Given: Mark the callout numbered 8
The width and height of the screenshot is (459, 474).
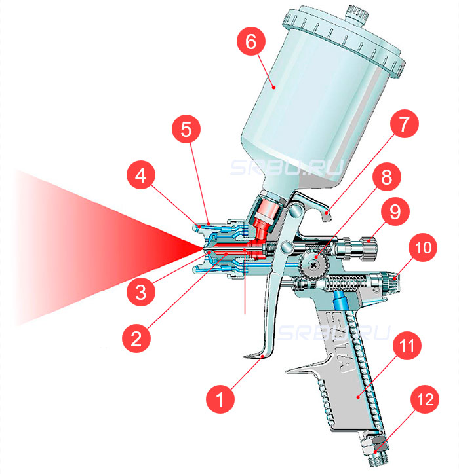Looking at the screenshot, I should click(x=388, y=177).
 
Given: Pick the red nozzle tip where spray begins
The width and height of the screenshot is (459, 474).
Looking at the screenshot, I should click(x=206, y=247).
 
